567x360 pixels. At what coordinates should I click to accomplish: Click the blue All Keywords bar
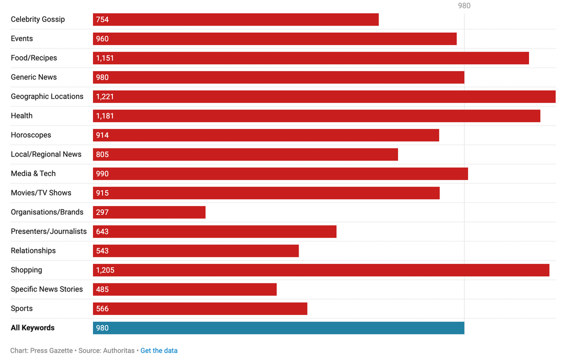(278, 328)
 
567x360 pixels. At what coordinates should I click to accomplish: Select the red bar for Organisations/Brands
(149, 212)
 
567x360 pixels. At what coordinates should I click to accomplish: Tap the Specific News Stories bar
(184, 289)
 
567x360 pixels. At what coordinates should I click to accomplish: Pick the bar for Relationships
(195, 251)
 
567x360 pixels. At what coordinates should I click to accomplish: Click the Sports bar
(200, 308)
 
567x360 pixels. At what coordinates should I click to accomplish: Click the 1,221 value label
(105, 96)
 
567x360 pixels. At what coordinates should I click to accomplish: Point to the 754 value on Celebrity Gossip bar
(102, 19)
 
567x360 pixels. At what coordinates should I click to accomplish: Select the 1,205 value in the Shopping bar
(105, 270)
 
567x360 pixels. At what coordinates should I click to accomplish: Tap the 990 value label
(102, 173)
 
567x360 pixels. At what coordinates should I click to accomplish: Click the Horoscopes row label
(31, 135)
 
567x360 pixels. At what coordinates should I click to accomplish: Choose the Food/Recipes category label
(34, 58)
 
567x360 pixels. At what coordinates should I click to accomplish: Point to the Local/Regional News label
(46, 154)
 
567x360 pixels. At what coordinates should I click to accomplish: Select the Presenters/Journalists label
(48, 231)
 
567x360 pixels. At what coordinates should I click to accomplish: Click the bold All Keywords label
(32, 328)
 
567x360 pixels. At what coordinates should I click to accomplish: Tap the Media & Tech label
(33, 173)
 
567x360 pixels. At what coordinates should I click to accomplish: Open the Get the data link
(159, 350)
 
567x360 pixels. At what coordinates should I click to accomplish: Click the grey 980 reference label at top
(464, 5)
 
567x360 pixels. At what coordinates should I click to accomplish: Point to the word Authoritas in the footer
(118, 350)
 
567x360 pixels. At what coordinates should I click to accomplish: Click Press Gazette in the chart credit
(51, 350)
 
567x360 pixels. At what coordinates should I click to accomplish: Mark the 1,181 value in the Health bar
(105, 116)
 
